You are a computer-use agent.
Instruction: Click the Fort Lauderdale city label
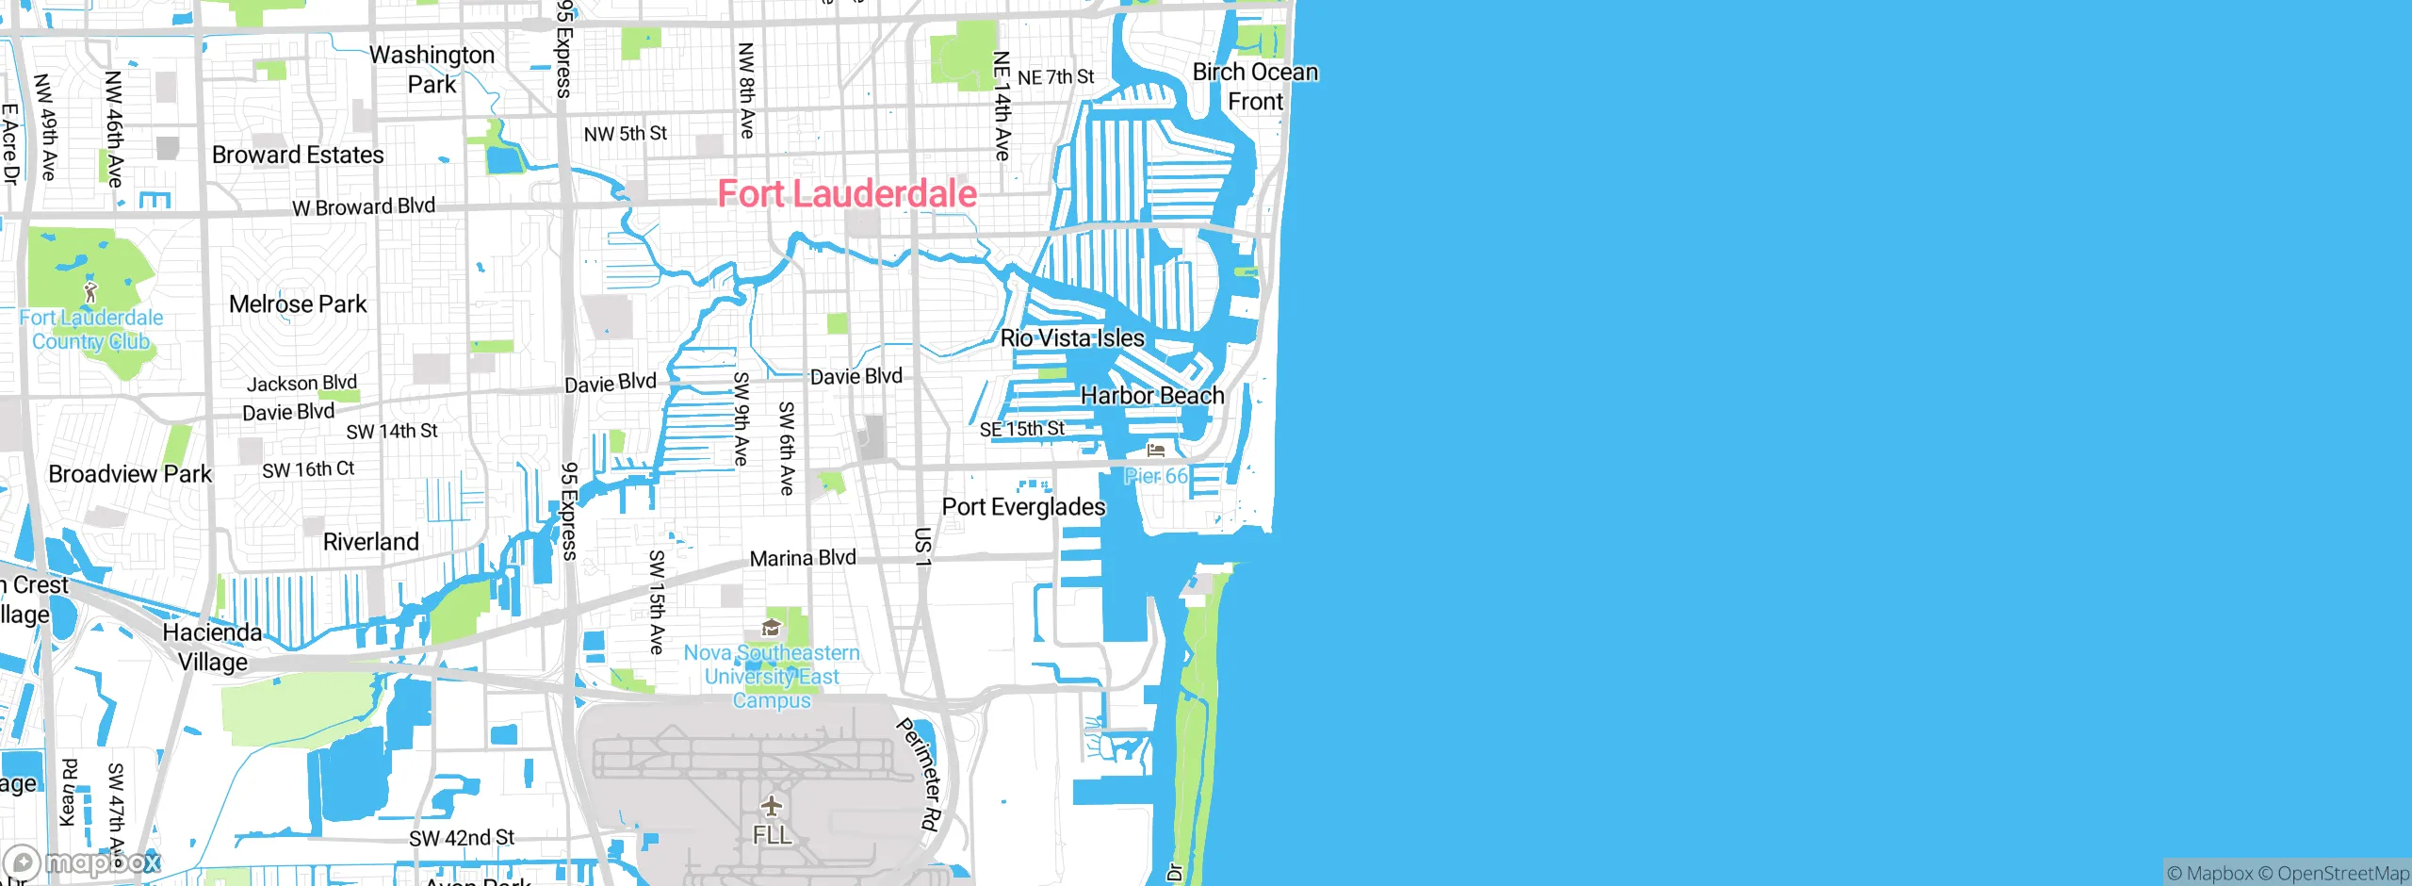tap(847, 194)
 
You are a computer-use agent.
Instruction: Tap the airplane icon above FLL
tap(772, 806)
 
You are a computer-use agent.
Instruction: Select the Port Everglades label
tap(1023, 507)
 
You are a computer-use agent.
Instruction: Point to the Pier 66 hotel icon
tap(1156, 451)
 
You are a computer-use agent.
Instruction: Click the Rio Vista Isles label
tap(1072, 338)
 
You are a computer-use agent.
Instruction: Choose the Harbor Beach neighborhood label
tap(1152, 396)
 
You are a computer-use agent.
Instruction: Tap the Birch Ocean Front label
tap(1255, 87)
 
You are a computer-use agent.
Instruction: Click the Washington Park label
tap(432, 70)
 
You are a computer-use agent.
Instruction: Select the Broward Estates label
tap(298, 156)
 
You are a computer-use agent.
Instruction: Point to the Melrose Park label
tap(298, 304)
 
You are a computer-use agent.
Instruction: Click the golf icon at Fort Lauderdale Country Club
tap(90, 291)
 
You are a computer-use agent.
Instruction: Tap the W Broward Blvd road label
tap(364, 206)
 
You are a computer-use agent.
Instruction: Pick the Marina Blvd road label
tap(803, 558)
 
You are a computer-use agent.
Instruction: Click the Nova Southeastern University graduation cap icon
tap(772, 628)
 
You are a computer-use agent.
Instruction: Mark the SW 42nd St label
tap(462, 838)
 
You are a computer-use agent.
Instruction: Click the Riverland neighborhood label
tap(370, 542)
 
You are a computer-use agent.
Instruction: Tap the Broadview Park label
tap(130, 474)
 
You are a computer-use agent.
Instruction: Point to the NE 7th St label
tap(1055, 77)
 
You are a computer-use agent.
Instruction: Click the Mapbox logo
tap(83, 862)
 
